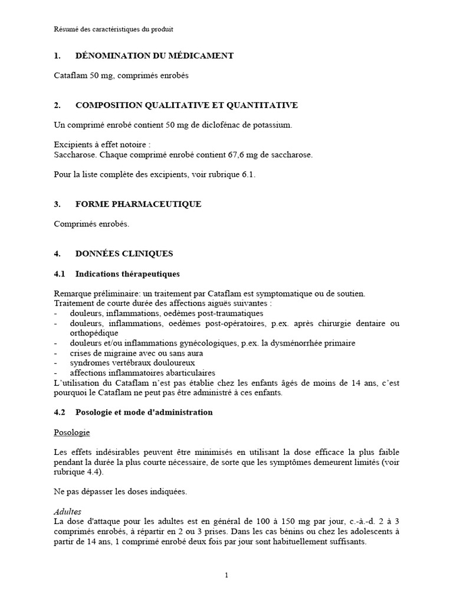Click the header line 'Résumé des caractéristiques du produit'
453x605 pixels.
[113, 28]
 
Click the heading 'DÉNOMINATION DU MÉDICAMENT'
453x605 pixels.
[155, 56]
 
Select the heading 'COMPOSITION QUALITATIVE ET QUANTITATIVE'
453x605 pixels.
[186, 105]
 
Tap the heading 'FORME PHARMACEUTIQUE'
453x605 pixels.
[138, 204]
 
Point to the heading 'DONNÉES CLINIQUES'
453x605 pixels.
[124, 253]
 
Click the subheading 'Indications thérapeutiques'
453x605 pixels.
[127, 274]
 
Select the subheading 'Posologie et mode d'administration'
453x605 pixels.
[144, 412]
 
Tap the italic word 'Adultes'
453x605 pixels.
[67, 512]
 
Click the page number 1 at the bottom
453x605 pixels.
[226, 575]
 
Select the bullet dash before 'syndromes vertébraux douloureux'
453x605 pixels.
[55, 363]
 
